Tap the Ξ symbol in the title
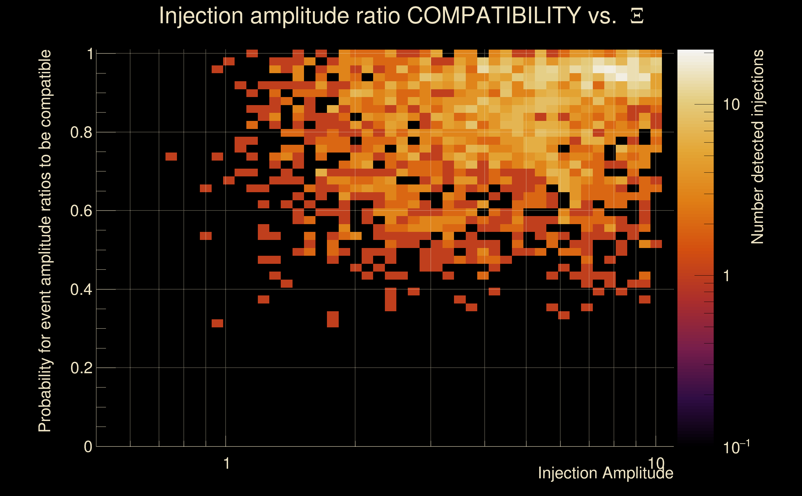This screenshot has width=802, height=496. coord(637,16)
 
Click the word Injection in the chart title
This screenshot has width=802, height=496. coord(201,15)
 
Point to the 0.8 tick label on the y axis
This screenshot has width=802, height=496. coord(81,133)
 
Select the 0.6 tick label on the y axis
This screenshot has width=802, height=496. coord(81,211)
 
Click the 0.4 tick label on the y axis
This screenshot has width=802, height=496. coord(81,290)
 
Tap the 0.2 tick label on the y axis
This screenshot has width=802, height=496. coord(81,368)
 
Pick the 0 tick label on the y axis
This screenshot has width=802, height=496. coord(88,447)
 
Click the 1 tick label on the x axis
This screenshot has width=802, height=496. coord(226,463)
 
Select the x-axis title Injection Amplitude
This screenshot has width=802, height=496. coord(606,473)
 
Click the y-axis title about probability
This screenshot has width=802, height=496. coord(45,241)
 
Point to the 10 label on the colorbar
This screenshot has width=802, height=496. coord(731,105)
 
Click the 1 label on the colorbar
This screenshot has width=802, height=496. coord(727,276)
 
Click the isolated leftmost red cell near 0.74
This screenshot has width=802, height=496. coord(171,157)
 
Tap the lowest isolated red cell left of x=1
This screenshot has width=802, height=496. coord(217,323)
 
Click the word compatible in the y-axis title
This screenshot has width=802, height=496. coord(45,88)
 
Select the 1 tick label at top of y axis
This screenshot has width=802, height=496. coord(90,54)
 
